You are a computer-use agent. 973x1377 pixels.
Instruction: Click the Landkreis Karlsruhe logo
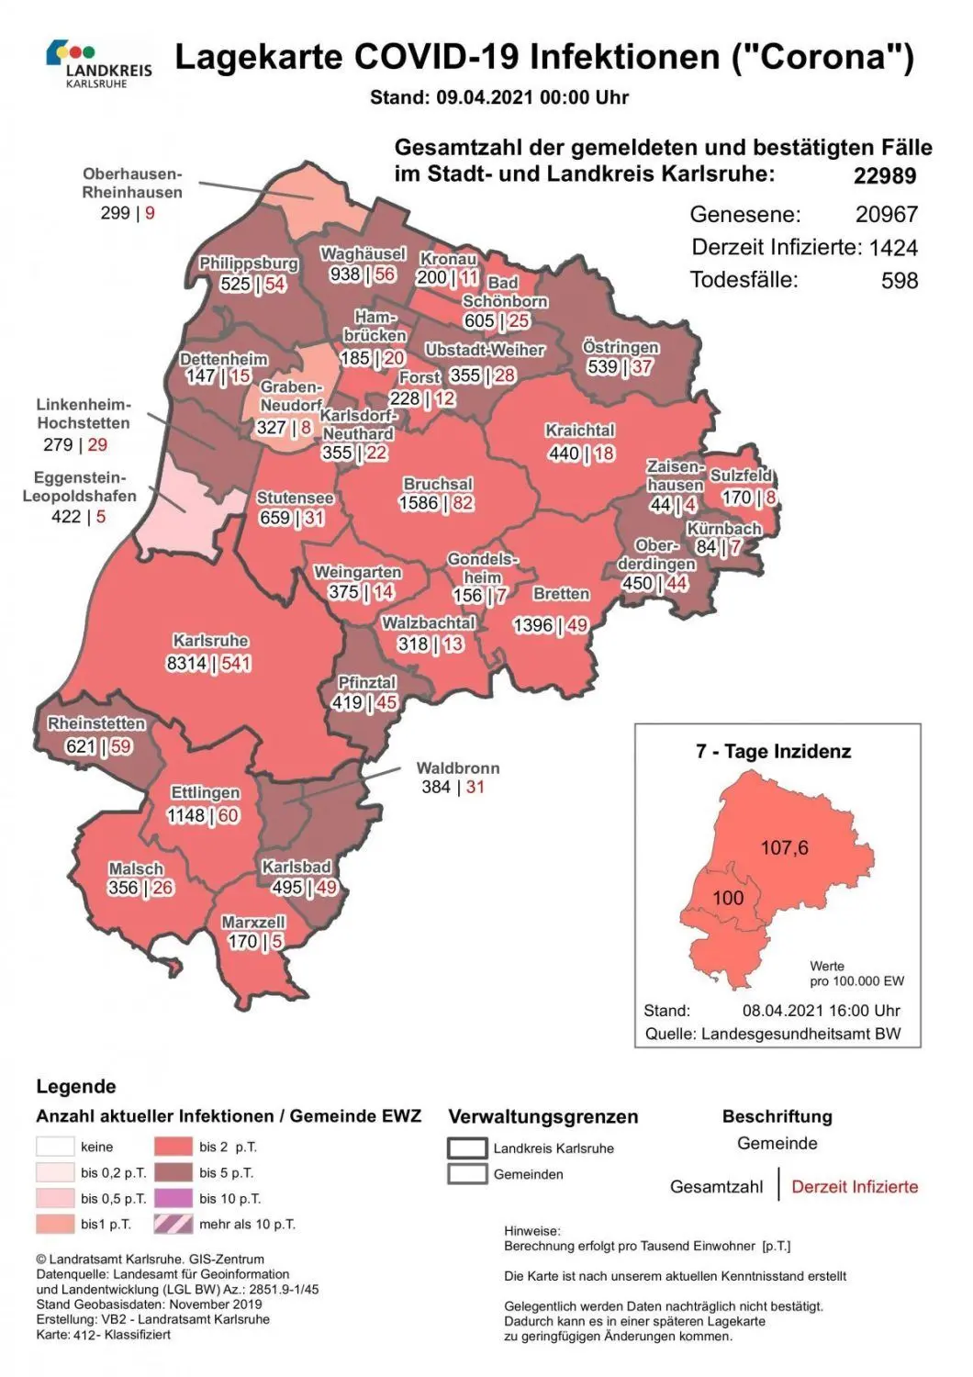click(98, 63)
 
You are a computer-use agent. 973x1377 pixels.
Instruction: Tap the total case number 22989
click(884, 176)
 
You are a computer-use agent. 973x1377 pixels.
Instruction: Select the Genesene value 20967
click(886, 214)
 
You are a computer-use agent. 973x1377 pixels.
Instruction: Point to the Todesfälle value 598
click(899, 280)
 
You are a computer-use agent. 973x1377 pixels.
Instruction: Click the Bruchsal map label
click(438, 484)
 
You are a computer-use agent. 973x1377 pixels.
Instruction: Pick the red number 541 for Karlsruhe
click(235, 663)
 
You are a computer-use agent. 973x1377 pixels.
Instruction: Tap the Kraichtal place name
click(579, 431)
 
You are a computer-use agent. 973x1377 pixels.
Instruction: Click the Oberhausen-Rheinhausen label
click(132, 183)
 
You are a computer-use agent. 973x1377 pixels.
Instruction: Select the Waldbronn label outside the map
click(457, 767)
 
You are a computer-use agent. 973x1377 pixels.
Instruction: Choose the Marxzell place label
click(253, 922)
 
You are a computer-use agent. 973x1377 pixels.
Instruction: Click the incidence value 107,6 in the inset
click(784, 847)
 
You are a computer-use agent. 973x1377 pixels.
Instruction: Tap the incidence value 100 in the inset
click(728, 898)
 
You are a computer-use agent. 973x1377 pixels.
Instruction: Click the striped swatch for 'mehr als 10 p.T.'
click(173, 1224)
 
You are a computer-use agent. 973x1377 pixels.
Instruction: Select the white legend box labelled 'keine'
click(55, 1147)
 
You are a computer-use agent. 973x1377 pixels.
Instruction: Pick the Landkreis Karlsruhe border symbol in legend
click(466, 1147)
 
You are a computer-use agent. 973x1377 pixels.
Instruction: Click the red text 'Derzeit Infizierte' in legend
click(854, 1186)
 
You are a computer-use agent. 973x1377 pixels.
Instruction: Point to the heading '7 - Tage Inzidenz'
click(773, 751)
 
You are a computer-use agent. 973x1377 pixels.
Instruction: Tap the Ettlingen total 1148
click(185, 815)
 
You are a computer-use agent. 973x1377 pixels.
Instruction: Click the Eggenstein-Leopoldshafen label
click(79, 487)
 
